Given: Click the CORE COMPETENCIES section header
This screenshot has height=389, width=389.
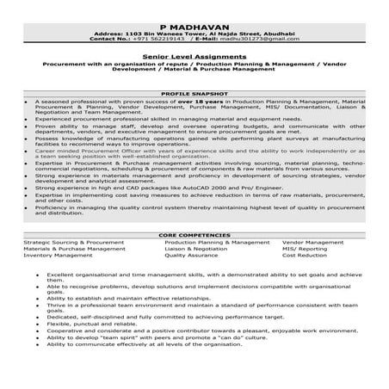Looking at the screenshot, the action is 194,234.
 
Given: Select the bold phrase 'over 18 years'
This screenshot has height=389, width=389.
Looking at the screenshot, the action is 199,102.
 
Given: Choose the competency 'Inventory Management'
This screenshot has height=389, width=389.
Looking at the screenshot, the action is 56,256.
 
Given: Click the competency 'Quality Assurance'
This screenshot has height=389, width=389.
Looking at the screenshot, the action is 191,256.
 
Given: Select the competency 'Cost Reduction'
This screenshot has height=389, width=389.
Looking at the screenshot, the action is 304,256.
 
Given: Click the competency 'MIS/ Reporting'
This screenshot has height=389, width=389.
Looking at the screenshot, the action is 305,249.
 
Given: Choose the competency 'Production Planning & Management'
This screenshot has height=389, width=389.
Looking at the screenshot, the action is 215,243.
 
